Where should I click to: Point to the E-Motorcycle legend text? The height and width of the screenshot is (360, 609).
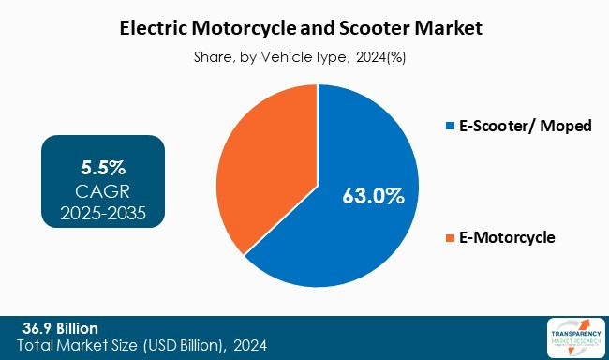coord(507,238)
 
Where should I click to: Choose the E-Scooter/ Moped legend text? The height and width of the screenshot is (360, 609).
coord(525,127)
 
